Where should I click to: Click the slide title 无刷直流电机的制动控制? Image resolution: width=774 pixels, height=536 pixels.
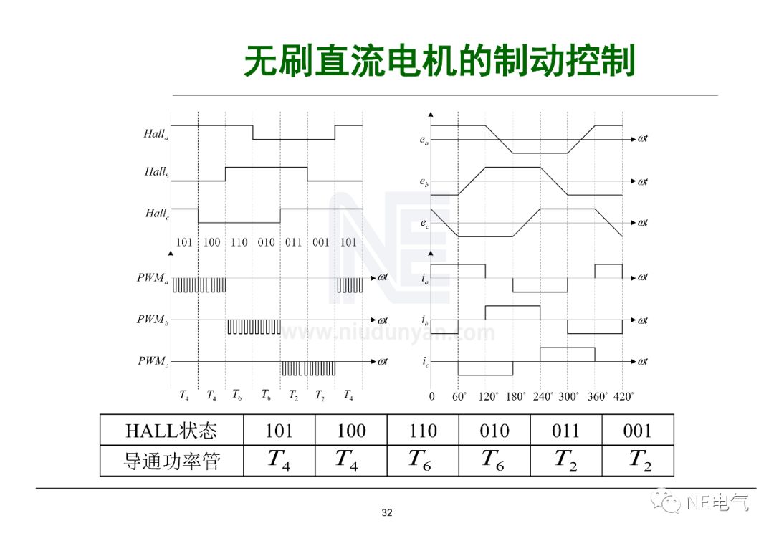439,62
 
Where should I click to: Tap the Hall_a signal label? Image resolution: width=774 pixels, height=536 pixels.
156,134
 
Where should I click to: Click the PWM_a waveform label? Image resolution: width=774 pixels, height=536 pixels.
153,277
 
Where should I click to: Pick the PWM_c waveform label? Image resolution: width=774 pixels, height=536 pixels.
153,361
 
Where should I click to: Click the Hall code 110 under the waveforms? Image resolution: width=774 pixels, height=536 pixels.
239,242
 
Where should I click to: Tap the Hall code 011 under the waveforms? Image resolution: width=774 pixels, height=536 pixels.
294,242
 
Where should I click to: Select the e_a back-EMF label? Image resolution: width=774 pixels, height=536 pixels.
424,140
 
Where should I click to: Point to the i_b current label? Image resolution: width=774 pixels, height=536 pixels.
425,320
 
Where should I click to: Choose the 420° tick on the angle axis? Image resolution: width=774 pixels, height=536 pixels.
623,396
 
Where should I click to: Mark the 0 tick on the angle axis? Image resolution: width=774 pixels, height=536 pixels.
431,396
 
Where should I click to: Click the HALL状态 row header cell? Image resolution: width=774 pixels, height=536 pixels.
171,430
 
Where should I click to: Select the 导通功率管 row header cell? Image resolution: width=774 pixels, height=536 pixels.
171,461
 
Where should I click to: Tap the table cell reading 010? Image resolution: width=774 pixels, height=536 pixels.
494,430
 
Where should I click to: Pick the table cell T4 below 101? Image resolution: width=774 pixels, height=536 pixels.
279,461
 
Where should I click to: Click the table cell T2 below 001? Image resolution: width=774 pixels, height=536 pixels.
638,461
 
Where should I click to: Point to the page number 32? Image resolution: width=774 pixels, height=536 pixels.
387,512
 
